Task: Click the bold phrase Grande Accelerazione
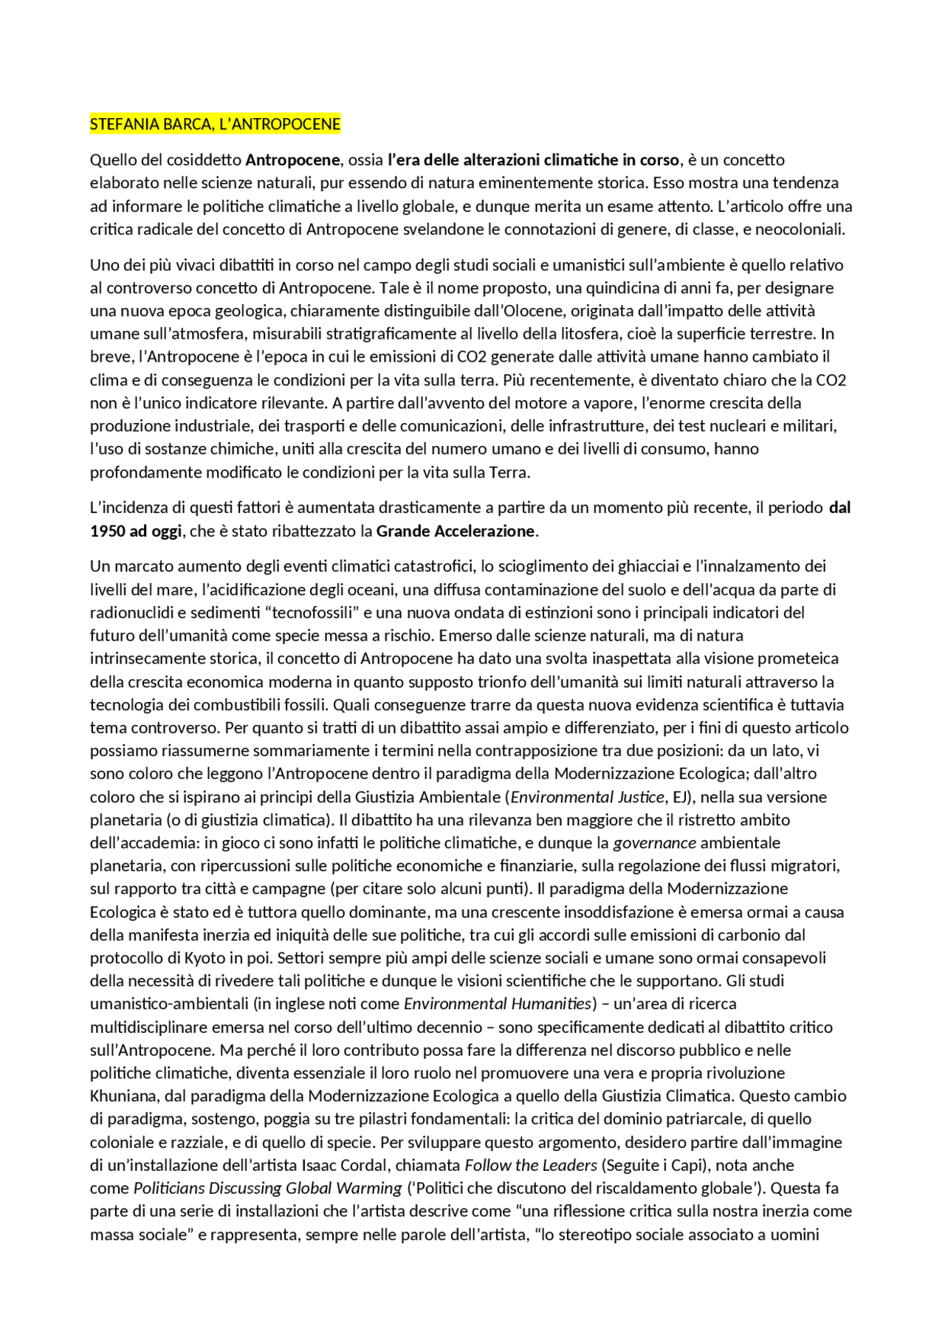pyautogui.click(x=456, y=532)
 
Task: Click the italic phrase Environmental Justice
pyautogui.click(x=587, y=797)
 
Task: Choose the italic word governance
pyautogui.click(x=654, y=843)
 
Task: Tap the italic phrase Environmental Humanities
pyautogui.click(x=498, y=1004)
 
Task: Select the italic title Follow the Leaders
pyautogui.click(x=530, y=1166)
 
